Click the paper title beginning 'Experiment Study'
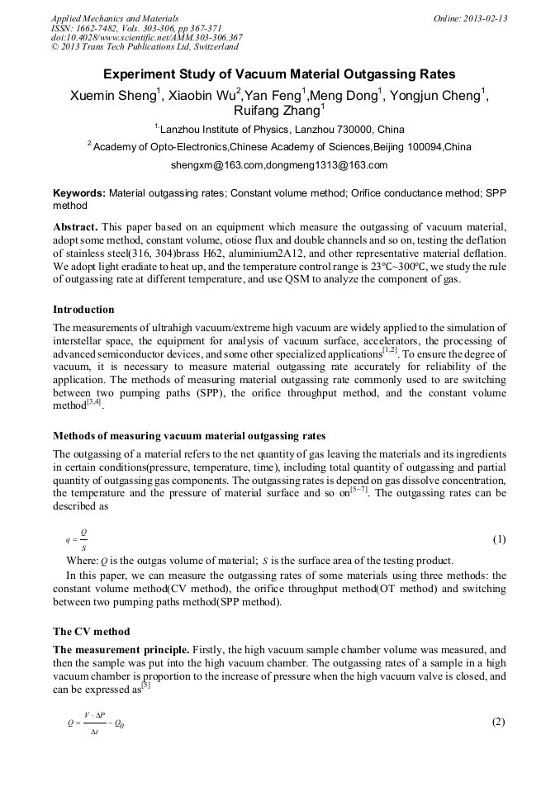point(279,74)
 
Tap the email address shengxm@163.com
point(217,165)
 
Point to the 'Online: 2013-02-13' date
point(470,18)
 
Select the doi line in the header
point(146,37)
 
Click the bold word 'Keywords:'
point(79,192)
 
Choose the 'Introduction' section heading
point(83,310)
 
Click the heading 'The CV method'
point(91,631)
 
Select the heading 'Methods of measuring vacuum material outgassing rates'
point(189,435)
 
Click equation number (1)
point(499,539)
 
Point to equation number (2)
point(498,722)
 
